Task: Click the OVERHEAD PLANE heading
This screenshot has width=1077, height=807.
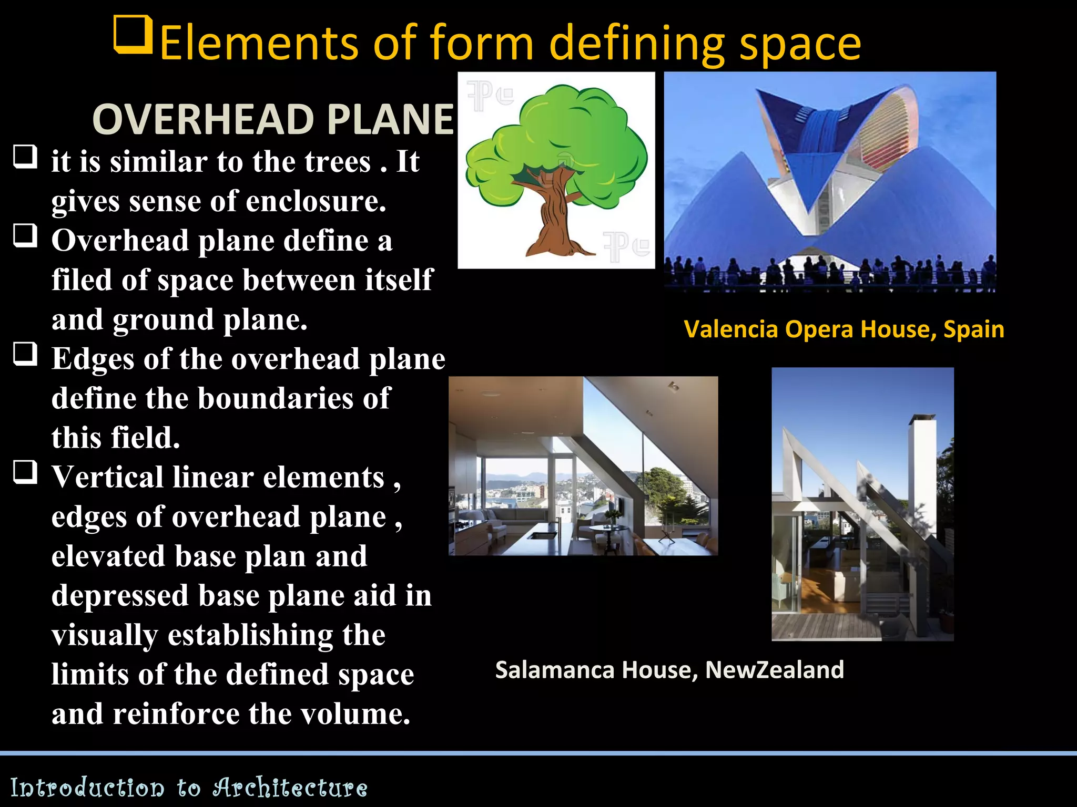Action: (273, 119)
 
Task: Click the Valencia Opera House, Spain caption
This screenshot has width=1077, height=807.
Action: (844, 329)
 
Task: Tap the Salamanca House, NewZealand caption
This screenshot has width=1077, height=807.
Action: (669, 670)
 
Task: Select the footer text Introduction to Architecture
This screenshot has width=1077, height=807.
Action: (189, 788)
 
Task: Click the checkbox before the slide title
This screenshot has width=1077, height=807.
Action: (133, 35)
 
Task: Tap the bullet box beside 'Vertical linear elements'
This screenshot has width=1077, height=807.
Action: (25, 471)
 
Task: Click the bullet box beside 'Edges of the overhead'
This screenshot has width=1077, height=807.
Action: (25, 353)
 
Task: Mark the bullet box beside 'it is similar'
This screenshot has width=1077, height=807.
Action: (25, 156)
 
